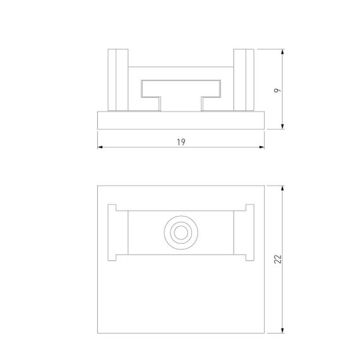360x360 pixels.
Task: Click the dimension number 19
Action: click(x=181, y=143)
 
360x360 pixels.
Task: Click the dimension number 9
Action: click(x=278, y=90)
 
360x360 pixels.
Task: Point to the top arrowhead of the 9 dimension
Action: click(x=282, y=51)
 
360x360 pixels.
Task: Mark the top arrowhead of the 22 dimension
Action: click(x=282, y=188)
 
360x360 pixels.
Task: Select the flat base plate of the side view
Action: click(x=181, y=121)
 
